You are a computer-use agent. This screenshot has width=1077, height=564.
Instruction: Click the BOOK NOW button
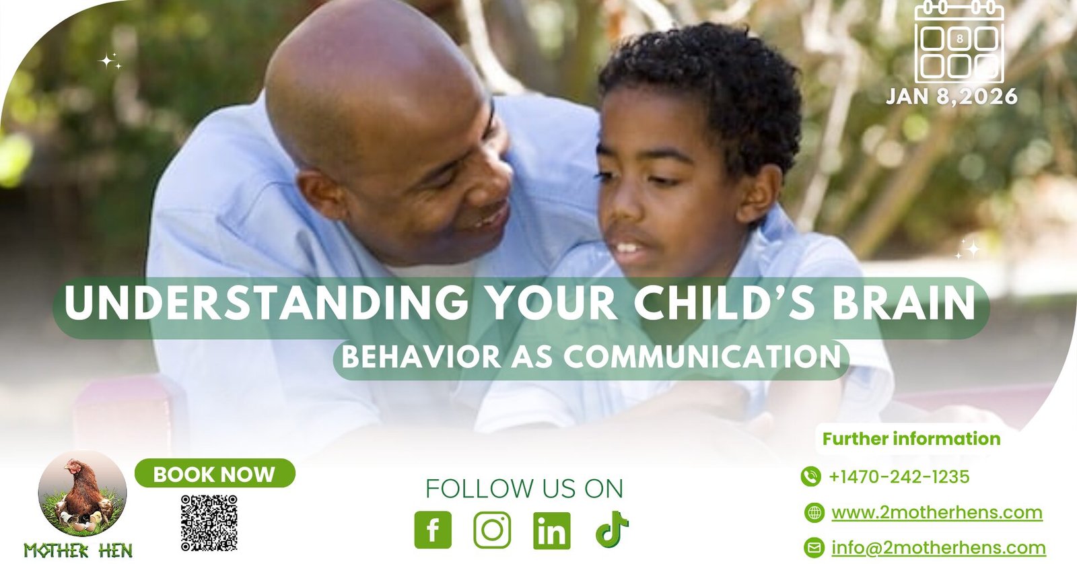tap(215, 474)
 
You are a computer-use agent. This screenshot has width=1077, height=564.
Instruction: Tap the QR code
tap(209, 523)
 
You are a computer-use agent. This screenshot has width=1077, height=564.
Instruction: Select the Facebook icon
tap(433, 530)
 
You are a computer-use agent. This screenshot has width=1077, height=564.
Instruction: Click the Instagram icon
tap(492, 530)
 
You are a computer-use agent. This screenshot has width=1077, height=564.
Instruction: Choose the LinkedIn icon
tap(552, 530)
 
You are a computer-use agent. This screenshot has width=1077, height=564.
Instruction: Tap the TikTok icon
tap(612, 530)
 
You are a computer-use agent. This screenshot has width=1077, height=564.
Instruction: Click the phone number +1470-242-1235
tap(899, 477)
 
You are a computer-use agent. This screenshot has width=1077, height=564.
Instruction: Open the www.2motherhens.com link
tap(937, 513)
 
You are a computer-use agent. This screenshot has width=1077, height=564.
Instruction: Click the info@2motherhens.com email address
tap(938, 548)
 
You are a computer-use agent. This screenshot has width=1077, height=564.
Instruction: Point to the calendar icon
tap(960, 42)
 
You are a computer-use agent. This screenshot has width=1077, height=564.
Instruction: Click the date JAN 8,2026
tap(952, 97)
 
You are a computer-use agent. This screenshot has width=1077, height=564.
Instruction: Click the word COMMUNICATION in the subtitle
tap(702, 356)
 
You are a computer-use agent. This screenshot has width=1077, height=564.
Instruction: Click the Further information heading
tap(911, 439)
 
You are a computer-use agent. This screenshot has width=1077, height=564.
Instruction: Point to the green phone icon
tap(810, 477)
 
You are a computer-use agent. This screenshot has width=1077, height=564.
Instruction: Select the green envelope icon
tap(814, 548)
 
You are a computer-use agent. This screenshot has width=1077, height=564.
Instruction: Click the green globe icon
tap(814, 513)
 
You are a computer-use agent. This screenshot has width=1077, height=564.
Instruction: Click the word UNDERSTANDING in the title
tap(267, 302)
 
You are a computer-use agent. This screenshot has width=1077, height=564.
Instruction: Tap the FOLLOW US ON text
tap(524, 489)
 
